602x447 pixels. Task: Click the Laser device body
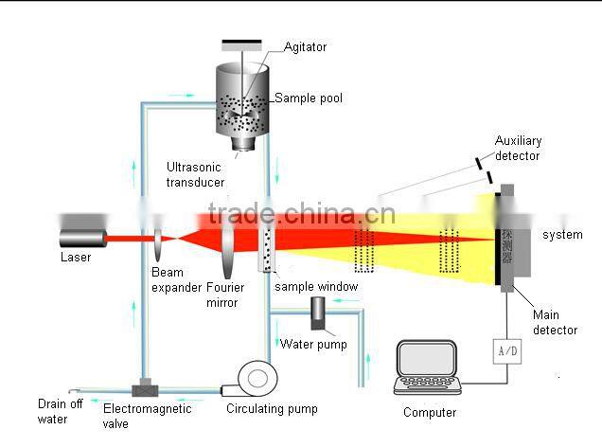[83, 237]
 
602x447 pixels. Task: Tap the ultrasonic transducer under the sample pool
[245, 143]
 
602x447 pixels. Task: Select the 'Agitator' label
[304, 46]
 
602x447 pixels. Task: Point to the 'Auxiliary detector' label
[518, 149]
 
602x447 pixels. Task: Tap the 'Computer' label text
[430, 412]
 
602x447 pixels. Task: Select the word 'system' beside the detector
[562, 235]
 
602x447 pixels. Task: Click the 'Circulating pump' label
[272, 409]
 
